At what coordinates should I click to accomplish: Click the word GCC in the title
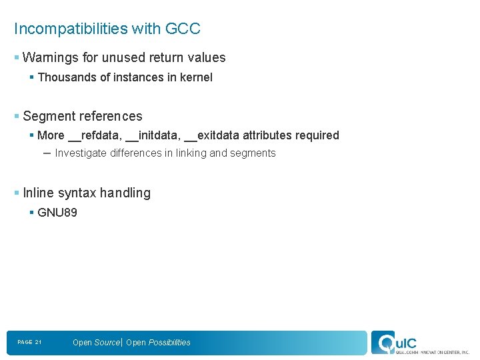coord(183,29)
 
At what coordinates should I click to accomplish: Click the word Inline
coord(38,193)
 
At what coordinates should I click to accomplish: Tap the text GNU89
coord(57,213)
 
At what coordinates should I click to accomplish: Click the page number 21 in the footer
coord(38,343)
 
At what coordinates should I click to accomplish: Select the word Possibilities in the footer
coord(169,343)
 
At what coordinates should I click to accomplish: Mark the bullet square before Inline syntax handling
coord(17,193)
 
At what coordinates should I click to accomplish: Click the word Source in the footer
coord(107,343)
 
